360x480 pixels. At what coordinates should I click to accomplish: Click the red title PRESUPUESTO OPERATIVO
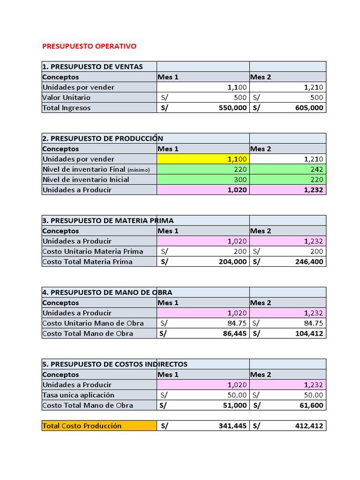click(89, 46)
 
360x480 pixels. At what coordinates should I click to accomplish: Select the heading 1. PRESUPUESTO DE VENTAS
click(92, 67)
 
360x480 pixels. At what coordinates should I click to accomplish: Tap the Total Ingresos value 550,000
click(232, 108)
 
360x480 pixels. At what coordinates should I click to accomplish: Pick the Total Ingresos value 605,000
click(308, 108)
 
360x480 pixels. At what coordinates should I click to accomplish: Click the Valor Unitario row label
click(67, 97)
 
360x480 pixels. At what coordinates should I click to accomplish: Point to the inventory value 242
click(315, 169)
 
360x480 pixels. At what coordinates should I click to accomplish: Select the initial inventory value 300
click(239, 180)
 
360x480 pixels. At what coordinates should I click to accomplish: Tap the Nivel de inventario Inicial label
click(86, 180)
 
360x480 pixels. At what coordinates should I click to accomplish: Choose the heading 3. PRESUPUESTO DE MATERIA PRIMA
click(108, 220)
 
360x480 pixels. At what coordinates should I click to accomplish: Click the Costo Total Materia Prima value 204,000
click(232, 262)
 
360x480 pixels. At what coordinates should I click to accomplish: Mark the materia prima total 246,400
click(308, 262)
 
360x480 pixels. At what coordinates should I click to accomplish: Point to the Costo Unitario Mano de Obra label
click(93, 323)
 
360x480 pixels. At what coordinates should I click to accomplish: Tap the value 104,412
click(308, 334)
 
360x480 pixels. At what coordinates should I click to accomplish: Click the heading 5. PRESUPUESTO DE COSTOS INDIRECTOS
click(115, 364)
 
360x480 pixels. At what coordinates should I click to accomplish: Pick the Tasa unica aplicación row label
click(78, 395)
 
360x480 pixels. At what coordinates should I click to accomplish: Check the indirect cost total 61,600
click(311, 405)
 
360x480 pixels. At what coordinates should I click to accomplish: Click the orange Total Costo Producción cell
click(99, 426)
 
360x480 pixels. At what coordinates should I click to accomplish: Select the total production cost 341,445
click(232, 426)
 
